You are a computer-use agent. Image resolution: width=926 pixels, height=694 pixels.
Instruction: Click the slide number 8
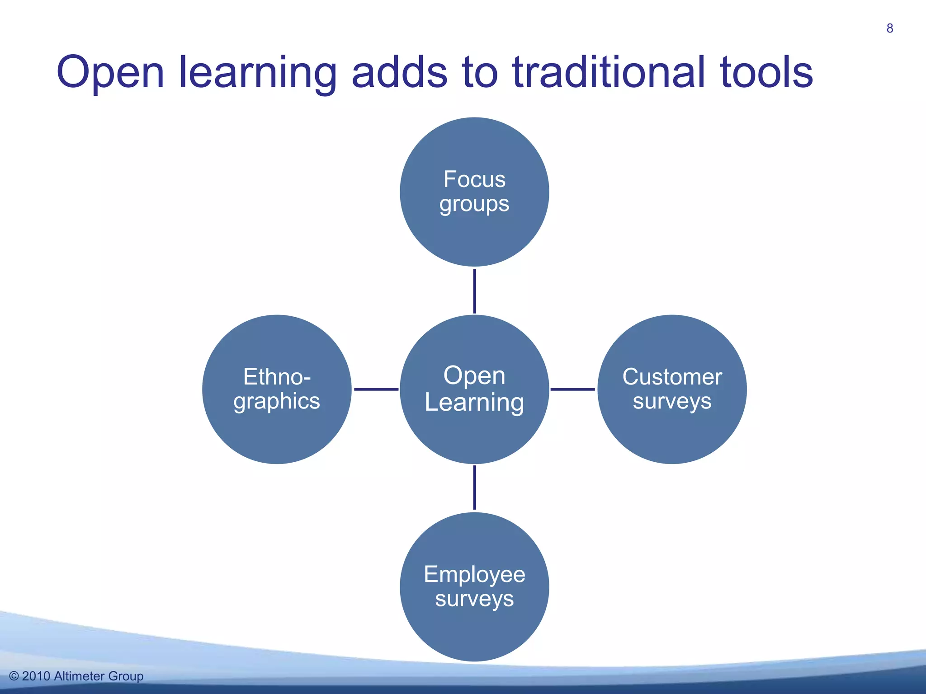tap(889, 28)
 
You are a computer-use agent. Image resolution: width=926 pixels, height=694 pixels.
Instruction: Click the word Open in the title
tap(110, 73)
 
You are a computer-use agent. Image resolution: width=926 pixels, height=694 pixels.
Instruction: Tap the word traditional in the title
tap(609, 72)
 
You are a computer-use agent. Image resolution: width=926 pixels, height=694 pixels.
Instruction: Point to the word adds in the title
tap(399, 72)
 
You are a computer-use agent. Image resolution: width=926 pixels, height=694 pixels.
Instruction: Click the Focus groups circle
tap(474, 192)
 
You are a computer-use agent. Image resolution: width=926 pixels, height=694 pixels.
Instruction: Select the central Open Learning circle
tap(474, 389)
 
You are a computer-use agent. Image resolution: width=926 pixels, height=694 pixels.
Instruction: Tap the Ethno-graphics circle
tap(277, 389)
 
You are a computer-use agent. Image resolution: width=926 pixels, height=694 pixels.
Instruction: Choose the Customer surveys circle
tap(672, 389)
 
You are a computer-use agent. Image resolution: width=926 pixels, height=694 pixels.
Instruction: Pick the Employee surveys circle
tap(474, 586)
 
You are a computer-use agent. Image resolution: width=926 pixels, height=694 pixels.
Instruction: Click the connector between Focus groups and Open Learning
tap(474, 291)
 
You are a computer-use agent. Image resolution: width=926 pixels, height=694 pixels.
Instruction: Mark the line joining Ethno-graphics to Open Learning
tap(376, 389)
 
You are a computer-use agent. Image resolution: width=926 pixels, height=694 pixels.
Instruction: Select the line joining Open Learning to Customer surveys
tap(572, 389)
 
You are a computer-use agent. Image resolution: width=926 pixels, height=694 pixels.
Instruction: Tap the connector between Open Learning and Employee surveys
tap(474, 488)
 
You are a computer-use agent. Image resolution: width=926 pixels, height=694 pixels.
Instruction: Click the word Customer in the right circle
tap(672, 377)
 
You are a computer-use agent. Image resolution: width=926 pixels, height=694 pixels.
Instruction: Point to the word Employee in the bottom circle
tap(474, 575)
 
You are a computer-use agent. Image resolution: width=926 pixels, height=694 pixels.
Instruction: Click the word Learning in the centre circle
tap(474, 403)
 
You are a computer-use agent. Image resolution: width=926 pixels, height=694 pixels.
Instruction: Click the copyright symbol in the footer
tap(14, 676)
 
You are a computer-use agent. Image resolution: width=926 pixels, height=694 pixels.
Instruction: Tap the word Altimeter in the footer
tap(79, 676)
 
